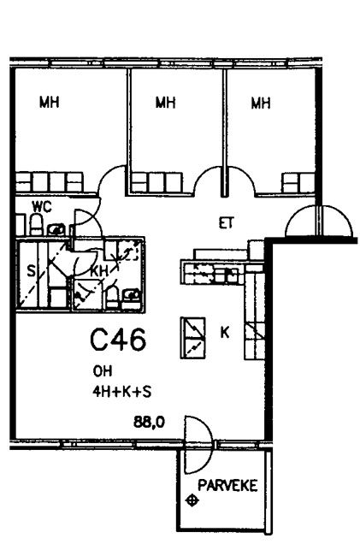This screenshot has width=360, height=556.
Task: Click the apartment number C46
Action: [x=118, y=340]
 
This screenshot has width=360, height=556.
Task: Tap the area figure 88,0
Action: [x=149, y=422]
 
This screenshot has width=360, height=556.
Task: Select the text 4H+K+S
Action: [x=122, y=392]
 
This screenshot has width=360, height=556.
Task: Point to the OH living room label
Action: [x=103, y=371]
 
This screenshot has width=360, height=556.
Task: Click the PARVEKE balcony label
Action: [x=227, y=486]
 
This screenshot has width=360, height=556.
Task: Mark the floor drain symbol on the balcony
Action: [x=192, y=500]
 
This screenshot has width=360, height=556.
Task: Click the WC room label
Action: [x=41, y=206]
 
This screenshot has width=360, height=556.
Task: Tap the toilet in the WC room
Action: [x=36, y=225]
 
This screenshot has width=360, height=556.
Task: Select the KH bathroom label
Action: [x=99, y=272]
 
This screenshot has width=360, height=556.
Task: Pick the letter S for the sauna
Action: [x=31, y=272]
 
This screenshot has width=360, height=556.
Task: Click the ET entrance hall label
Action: [x=227, y=223]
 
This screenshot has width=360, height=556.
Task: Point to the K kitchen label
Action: [x=225, y=333]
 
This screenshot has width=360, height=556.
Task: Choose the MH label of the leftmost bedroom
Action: [x=49, y=103]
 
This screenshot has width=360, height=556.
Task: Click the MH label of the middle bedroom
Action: [x=166, y=103]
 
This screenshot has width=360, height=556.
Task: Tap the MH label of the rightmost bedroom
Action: [x=261, y=103]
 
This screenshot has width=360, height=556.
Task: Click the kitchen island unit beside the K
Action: [x=192, y=338]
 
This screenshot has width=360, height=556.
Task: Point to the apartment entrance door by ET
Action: [x=319, y=221]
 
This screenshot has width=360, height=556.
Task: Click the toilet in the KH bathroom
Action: [x=112, y=297]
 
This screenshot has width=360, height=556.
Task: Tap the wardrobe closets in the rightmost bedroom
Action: [x=298, y=183]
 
